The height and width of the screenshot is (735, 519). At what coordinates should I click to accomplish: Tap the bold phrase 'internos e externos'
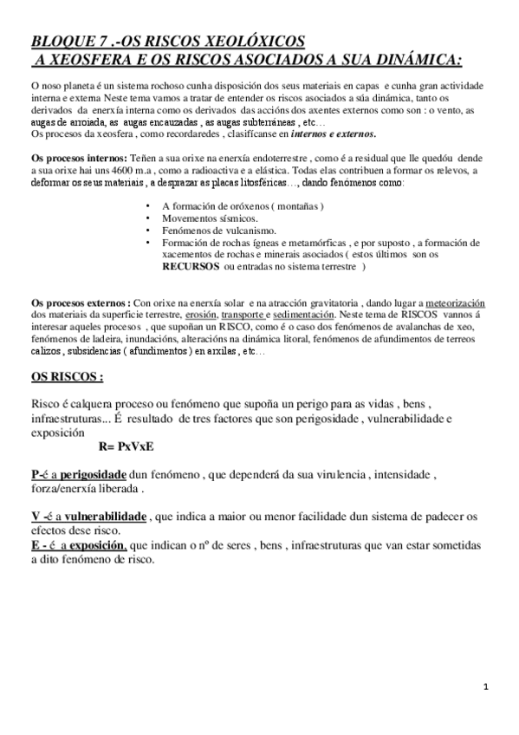click(x=334, y=135)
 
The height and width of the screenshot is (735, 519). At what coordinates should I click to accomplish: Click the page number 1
click(x=486, y=688)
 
